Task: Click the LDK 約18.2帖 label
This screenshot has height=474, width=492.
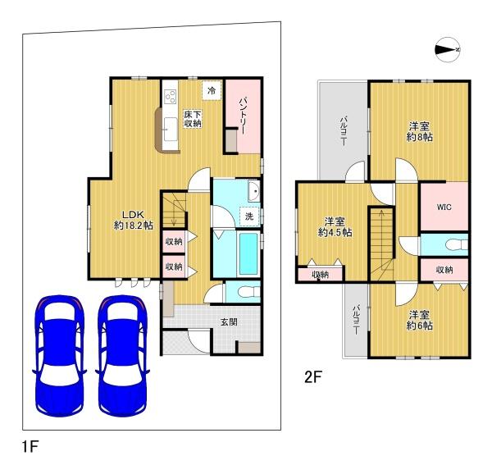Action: click(134, 220)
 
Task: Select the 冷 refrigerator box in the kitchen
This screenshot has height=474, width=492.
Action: click(212, 91)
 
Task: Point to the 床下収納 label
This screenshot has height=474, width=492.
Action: click(193, 119)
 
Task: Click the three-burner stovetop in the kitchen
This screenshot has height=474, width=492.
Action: click(171, 96)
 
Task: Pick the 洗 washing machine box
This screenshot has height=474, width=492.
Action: click(249, 216)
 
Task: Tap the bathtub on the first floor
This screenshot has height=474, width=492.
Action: click(248, 254)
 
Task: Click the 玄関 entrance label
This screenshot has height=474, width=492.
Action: click(229, 321)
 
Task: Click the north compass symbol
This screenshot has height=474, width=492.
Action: click(448, 49)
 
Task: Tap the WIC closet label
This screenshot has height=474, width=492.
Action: click(444, 207)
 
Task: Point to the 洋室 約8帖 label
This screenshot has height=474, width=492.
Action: click(419, 132)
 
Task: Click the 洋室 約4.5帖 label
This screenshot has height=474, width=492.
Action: click(335, 227)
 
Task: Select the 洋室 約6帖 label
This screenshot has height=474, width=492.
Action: click(419, 320)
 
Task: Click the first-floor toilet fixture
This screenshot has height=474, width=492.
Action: click(249, 292)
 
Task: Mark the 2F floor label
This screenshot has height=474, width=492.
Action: click(313, 376)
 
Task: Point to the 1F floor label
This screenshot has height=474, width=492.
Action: click(30, 446)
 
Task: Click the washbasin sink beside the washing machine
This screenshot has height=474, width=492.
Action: click(253, 191)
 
